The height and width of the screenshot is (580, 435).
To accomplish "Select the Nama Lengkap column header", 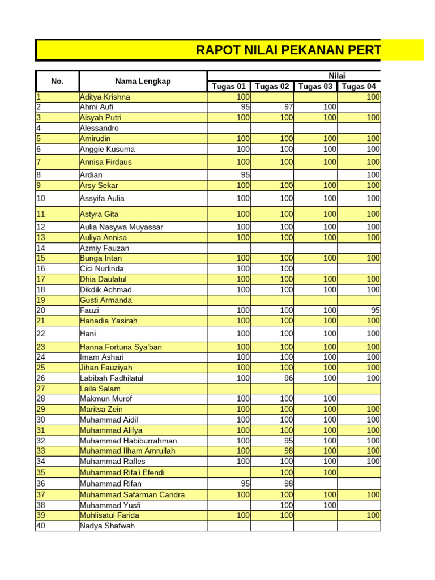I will tap(143, 81).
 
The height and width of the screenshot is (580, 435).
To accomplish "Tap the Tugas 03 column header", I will tap(315, 87).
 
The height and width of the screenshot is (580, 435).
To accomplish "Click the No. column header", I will tap(57, 81).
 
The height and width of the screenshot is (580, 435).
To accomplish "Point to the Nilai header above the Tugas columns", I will tap(337, 76).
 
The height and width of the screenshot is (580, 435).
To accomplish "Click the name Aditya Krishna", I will tap(105, 97).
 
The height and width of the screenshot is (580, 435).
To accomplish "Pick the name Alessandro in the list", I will tap(99, 128).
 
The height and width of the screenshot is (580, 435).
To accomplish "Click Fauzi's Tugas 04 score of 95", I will tap(375, 310).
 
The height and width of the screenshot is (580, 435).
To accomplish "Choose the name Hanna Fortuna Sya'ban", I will tap(116, 347).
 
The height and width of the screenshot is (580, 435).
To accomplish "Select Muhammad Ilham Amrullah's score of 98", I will tap(288, 451).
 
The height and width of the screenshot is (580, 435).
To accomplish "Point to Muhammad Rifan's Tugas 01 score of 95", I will tap(245, 484).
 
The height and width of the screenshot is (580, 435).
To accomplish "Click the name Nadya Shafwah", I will tap(108, 526).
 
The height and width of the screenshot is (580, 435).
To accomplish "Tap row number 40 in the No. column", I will tap(41, 526).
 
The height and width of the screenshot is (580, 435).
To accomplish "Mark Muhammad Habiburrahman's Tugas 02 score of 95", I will tap(288, 441).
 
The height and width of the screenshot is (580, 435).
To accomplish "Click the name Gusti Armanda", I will tap(106, 300).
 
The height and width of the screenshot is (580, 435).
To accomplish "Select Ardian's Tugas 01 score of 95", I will tap(245, 175).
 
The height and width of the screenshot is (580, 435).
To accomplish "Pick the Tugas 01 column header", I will tap(229, 87).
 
